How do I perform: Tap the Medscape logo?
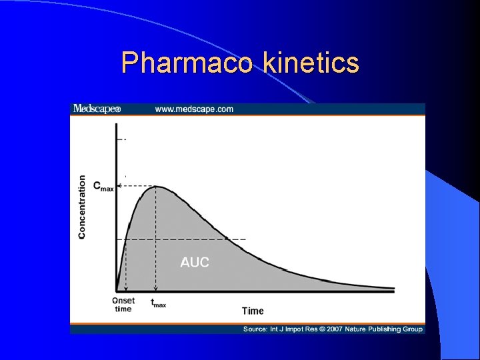(97, 109)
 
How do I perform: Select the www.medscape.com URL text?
(194, 109)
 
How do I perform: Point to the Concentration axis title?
(82, 207)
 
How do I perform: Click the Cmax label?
(103, 186)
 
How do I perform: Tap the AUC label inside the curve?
(195, 262)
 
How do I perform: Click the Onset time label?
(123, 305)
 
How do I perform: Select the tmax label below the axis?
(158, 303)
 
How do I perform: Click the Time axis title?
(253, 311)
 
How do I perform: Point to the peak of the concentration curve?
(157, 186)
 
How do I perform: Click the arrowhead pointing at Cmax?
(119, 187)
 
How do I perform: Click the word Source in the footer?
(255, 329)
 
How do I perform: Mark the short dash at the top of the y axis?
(121, 139)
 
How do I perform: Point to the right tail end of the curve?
(393, 289)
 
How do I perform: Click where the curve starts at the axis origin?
(117, 289)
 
